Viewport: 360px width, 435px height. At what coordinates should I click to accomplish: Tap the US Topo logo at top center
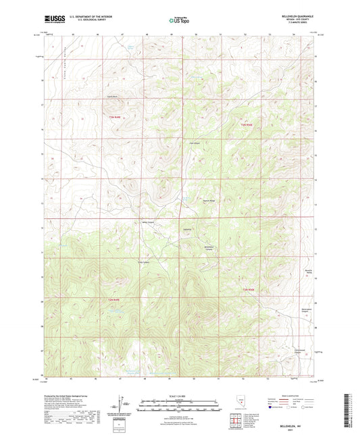(x=178, y=20)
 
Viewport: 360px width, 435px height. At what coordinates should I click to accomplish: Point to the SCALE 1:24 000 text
(x=178, y=396)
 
